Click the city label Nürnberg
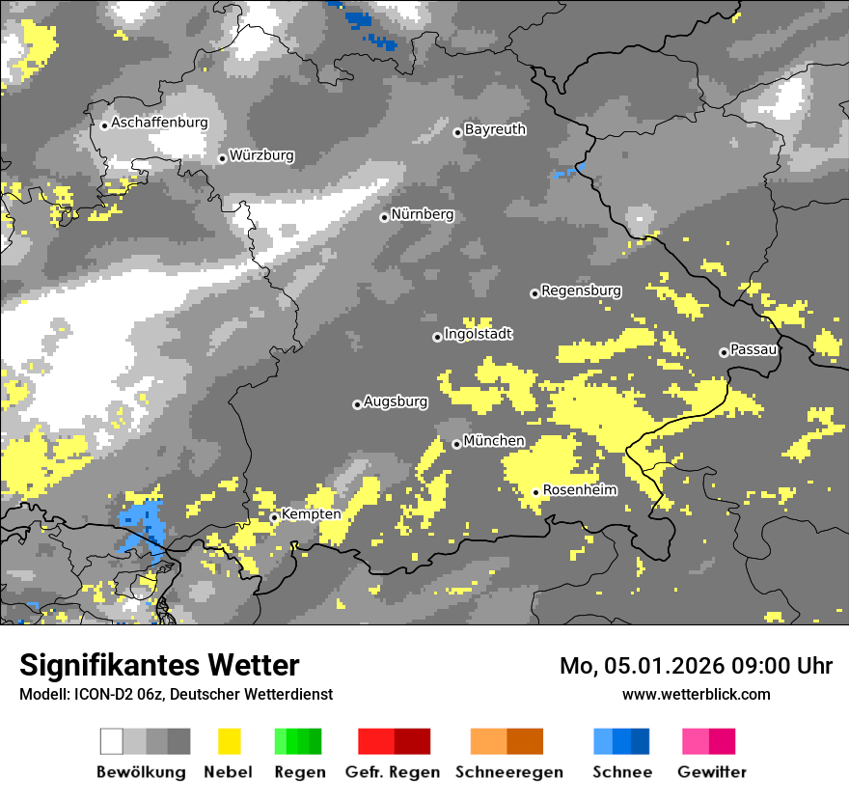[422, 214]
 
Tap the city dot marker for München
[456, 444]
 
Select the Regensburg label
[581, 290]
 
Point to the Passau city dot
[724, 352]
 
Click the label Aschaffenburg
[159, 123]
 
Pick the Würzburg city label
[261, 155]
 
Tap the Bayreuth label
[495, 129]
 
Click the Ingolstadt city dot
[437, 337]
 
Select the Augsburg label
[396, 401]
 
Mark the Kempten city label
[311, 514]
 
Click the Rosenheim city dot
[535, 492]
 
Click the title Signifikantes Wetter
[159, 665]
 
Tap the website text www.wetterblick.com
[696, 694]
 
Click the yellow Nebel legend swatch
[229, 741]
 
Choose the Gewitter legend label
[711, 772]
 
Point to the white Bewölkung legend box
[112, 741]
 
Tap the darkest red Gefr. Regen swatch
[412, 741]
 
